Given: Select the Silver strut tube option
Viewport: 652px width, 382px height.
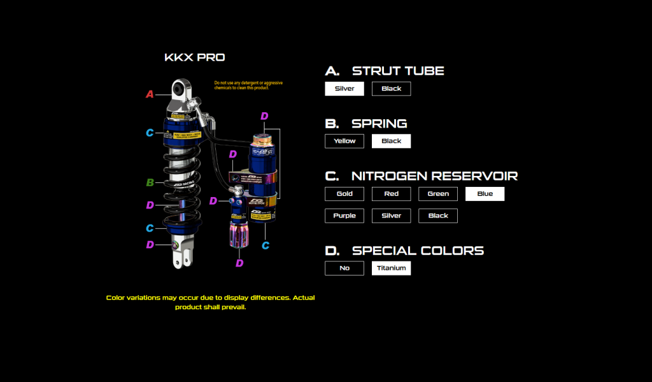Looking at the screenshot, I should (x=344, y=89).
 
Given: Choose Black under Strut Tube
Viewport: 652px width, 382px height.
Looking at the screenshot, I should (x=391, y=89).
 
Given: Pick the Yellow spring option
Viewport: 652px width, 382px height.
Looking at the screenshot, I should (x=344, y=141).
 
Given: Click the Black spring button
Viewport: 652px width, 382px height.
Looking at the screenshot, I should (x=391, y=141).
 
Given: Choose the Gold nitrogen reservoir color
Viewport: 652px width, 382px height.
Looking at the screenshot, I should (x=344, y=194).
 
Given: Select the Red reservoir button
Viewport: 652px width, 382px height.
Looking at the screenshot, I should (x=391, y=194).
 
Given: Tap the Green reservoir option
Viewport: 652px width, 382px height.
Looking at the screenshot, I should (x=438, y=194).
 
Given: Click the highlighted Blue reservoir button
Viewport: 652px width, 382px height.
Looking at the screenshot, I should (x=485, y=194).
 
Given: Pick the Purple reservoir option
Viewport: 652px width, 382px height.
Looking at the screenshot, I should (x=344, y=216).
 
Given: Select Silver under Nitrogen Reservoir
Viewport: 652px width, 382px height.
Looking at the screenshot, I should (x=391, y=216).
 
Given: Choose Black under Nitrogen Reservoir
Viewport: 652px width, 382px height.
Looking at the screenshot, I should (x=438, y=216).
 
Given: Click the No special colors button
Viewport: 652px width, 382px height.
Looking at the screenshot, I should (x=344, y=268).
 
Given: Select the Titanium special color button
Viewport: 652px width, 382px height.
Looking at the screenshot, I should (x=391, y=268).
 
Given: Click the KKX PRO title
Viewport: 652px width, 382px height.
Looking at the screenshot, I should (x=194, y=57).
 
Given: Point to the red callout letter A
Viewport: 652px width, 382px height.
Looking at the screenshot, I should (x=150, y=94).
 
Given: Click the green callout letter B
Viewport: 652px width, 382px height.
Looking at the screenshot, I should (x=150, y=183).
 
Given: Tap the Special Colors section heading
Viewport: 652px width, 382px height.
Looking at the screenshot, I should (x=418, y=251).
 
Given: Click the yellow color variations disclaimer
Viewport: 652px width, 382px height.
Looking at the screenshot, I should (x=210, y=302).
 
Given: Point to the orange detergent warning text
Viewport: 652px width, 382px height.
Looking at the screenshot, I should (x=248, y=85).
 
